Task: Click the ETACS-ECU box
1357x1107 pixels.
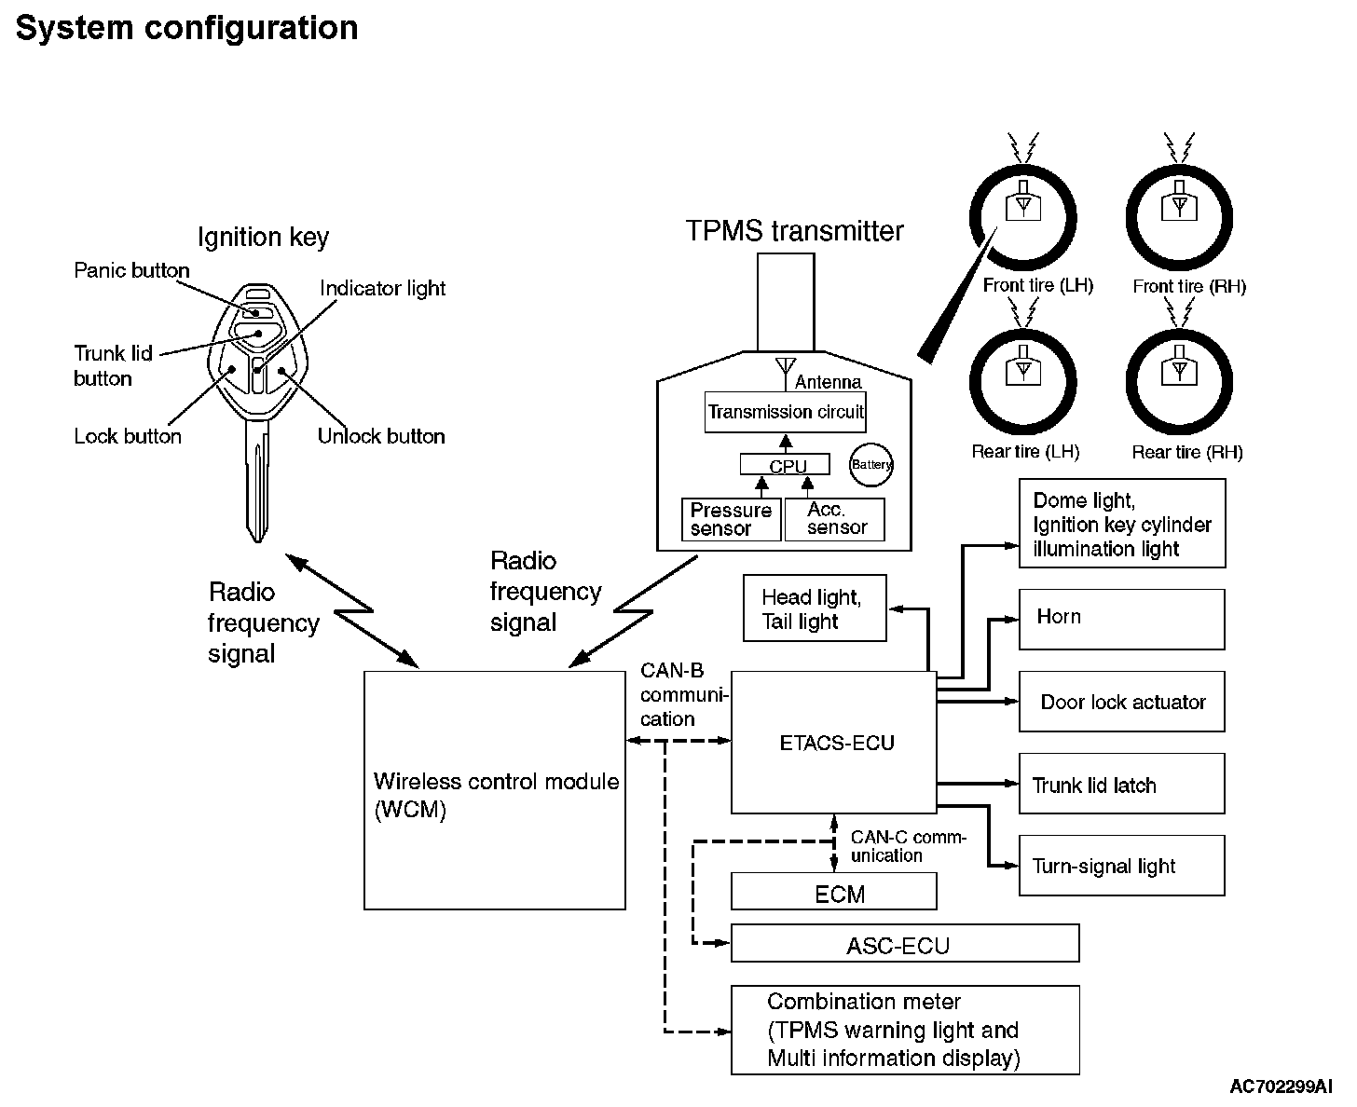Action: coord(833,742)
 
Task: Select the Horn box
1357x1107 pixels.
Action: coord(1121,619)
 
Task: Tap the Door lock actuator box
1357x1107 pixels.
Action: coord(1121,702)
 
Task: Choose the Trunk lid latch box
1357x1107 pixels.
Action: coord(1121,784)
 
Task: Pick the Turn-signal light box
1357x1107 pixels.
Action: coord(1121,866)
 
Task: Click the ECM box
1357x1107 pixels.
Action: coord(833,892)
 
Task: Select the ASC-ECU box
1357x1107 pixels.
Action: coord(904,943)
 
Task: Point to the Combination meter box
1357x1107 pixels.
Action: coord(904,1030)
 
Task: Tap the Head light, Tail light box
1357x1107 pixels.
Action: coord(814,608)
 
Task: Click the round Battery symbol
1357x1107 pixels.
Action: coord(870,464)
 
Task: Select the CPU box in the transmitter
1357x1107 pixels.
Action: coord(788,464)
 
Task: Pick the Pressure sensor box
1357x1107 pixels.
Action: coord(732,519)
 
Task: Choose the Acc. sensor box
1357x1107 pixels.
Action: coord(834,519)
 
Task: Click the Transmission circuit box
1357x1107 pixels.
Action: coord(785,412)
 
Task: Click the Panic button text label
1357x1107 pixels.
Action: coord(131,270)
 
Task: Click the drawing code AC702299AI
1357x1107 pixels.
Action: coord(1281,1086)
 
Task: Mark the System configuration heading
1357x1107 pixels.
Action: coord(186,28)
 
